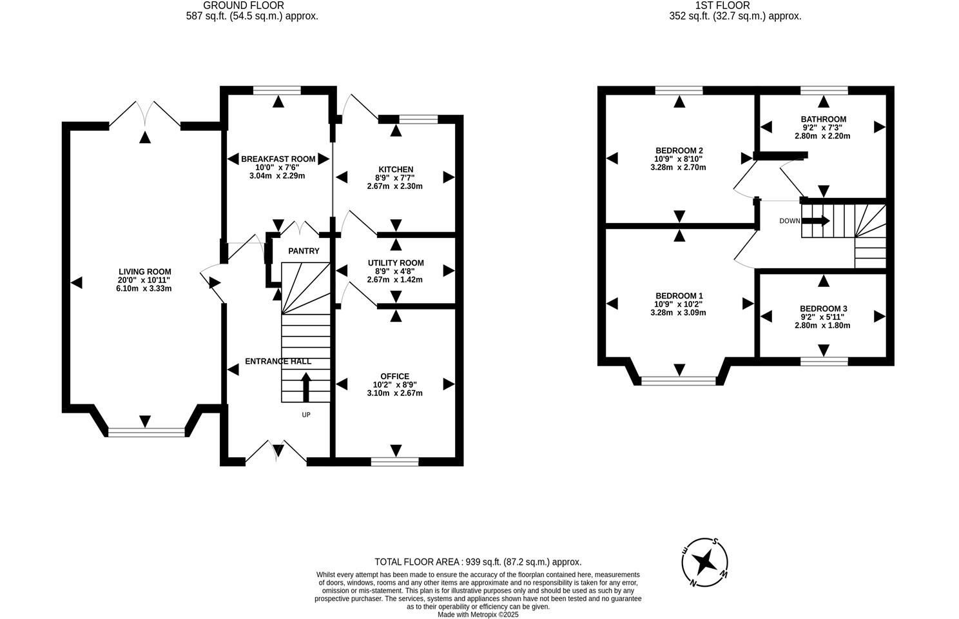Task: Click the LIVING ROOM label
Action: click(x=144, y=271)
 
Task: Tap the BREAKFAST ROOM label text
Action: click(x=278, y=159)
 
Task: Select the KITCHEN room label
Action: click(x=395, y=170)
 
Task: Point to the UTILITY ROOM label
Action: click(x=395, y=262)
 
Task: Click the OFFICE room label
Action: click(x=394, y=377)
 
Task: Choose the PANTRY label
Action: click(x=304, y=251)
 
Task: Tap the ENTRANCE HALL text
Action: click(x=278, y=362)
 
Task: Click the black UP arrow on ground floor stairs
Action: click(x=305, y=386)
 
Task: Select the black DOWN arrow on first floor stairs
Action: click(x=816, y=221)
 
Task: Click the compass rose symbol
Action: click(x=706, y=562)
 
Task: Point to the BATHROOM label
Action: click(x=823, y=119)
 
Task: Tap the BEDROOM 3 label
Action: click(x=823, y=309)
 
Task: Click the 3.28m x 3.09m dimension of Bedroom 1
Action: click(x=678, y=313)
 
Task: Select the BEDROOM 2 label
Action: click(x=678, y=150)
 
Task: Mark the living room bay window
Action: click(x=146, y=433)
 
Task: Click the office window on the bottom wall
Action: click(x=394, y=461)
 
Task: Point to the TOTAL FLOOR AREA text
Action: click(x=478, y=562)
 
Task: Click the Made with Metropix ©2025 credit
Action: click(x=478, y=614)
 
